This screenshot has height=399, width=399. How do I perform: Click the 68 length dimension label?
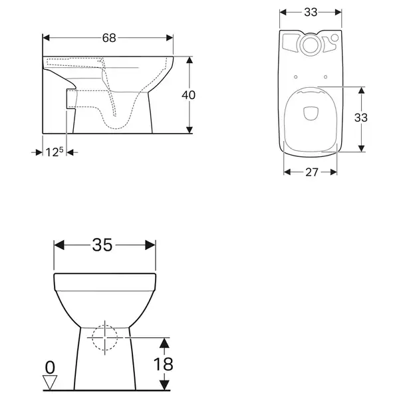tap(109, 38)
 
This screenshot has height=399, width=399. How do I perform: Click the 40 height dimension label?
tap(189, 95)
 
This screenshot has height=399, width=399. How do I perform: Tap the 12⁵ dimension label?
tap(55, 152)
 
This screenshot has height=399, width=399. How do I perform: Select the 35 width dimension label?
tap(102, 245)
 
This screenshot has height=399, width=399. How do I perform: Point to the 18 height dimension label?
tap(163, 364)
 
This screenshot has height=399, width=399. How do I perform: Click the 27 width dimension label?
tap(312, 172)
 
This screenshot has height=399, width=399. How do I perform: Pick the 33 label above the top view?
tap(311, 12)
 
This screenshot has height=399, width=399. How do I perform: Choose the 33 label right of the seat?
tap(361, 118)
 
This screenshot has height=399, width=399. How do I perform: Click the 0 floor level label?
tap(50, 368)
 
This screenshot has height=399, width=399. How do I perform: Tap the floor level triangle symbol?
tap(50, 382)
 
